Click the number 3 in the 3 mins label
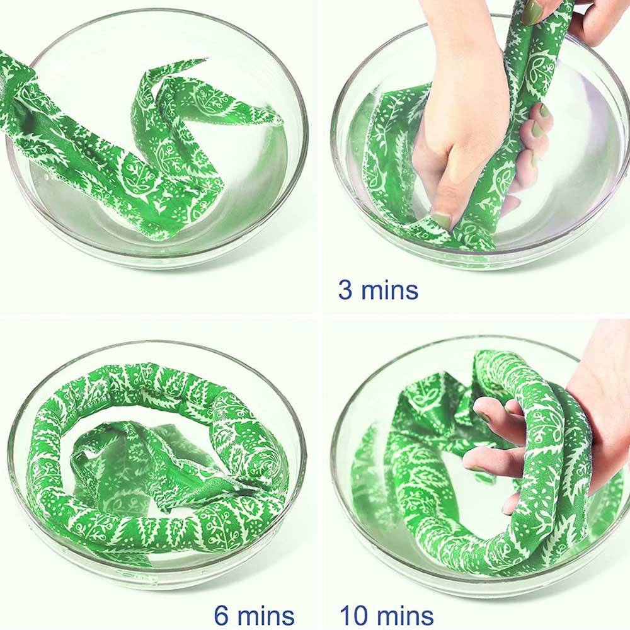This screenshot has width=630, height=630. click(x=345, y=290)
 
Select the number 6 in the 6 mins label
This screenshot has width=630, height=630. click(x=221, y=615)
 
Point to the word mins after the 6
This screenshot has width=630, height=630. click(x=266, y=615)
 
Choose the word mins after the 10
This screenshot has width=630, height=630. click(x=406, y=615)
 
